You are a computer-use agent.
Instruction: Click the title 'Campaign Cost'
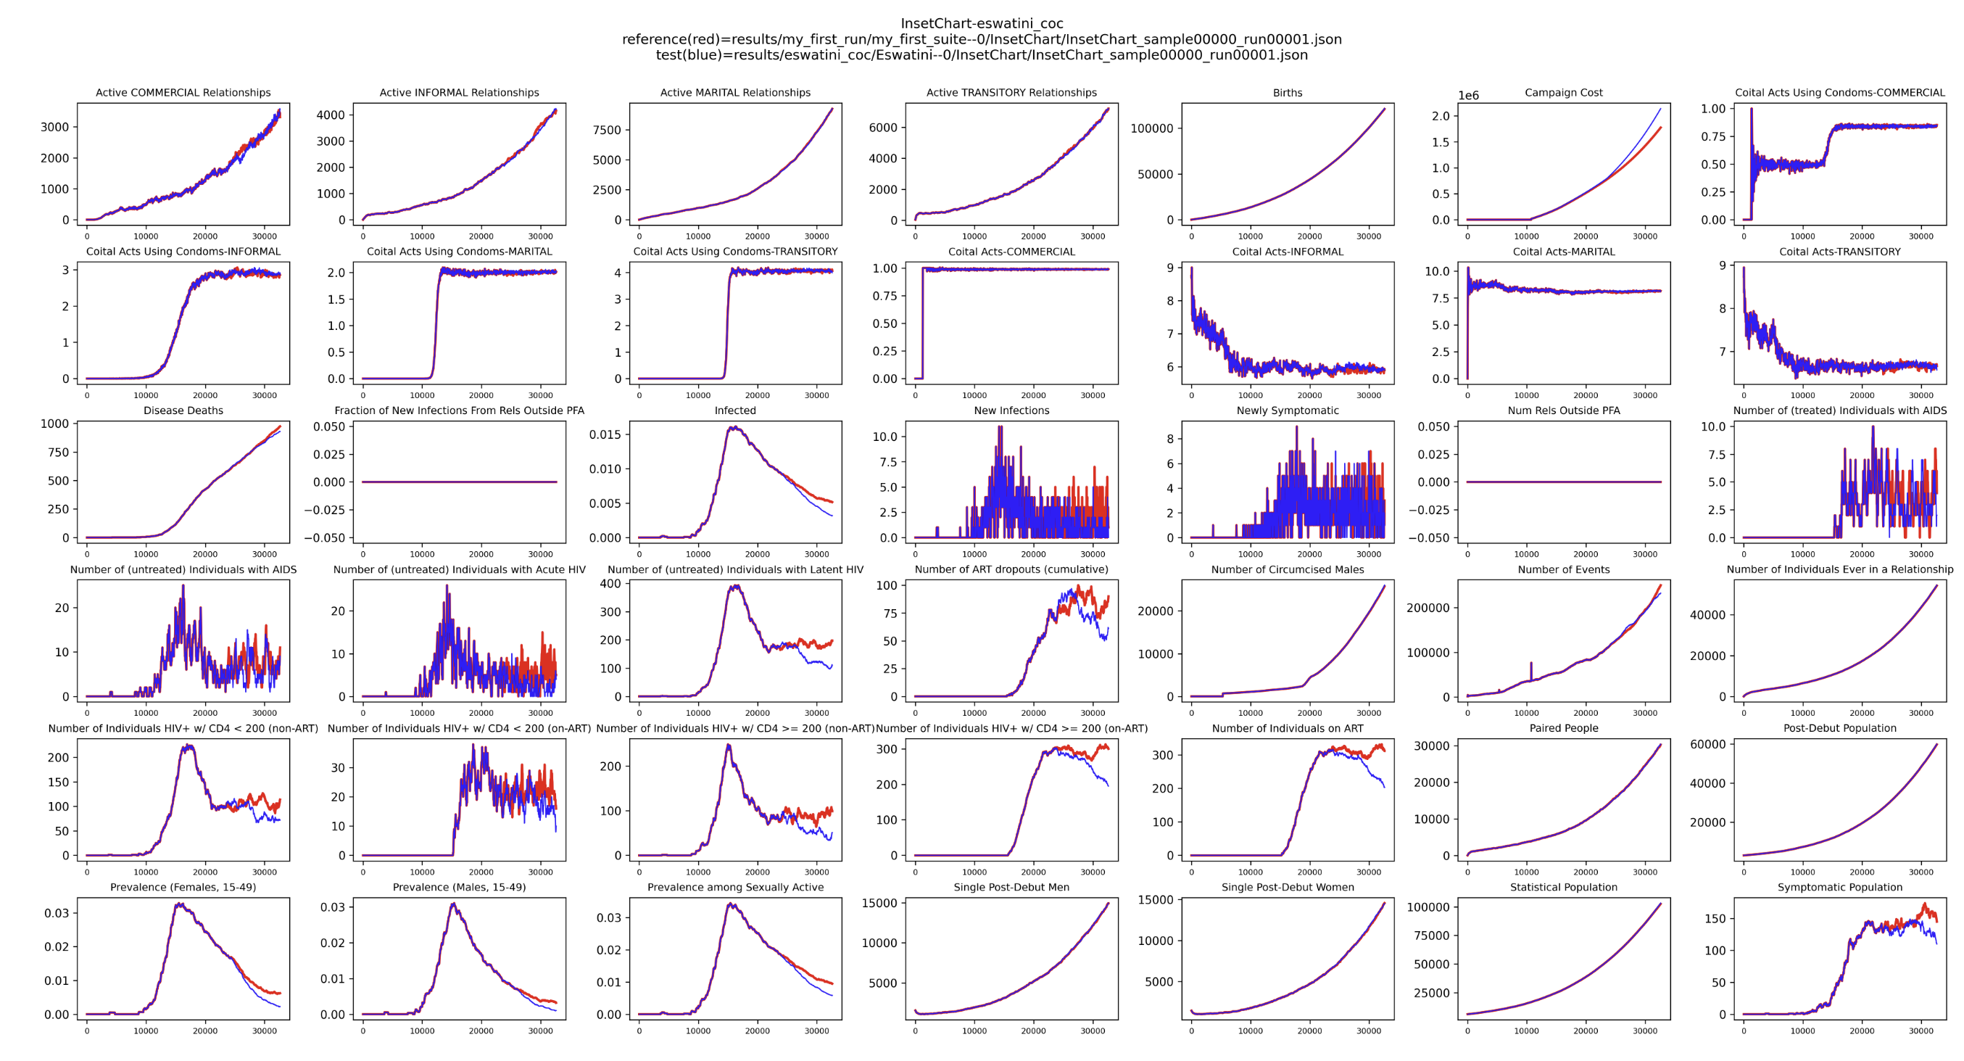[1563, 92]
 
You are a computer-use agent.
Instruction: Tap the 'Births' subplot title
[1287, 92]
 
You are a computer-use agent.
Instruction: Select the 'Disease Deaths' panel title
[183, 410]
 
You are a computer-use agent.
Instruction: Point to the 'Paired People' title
[1563, 727]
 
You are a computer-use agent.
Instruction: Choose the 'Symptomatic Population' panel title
[1839, 887]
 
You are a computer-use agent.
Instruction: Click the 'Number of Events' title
[1563, 569]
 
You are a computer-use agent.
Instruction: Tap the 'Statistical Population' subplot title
[1563, 887]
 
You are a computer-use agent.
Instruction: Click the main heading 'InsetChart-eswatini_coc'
[981, 24]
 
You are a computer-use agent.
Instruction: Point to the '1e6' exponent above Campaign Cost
[1467, 95]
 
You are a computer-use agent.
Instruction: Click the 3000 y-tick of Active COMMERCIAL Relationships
[54, 127]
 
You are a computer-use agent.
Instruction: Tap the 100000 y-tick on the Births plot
[1151, 128]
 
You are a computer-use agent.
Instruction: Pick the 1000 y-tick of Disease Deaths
[54, 424]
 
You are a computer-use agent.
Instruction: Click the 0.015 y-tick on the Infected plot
[605, 435]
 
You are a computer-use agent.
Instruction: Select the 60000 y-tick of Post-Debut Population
[1707, 745]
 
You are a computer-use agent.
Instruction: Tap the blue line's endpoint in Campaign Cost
[1660, 109]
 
